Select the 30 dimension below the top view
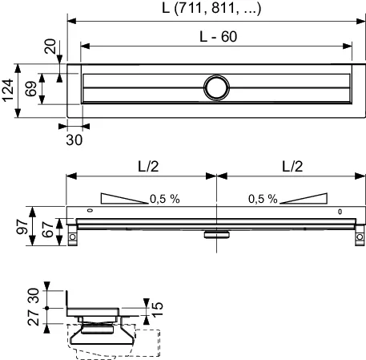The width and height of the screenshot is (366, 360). coord(73,138)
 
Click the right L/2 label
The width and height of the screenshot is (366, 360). coord(292,166)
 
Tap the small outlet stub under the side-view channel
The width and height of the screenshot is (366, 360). coord(215,233)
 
